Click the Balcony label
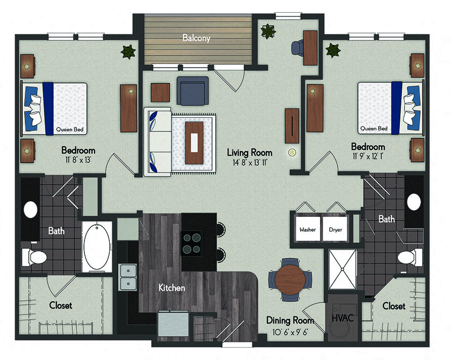(196, 38)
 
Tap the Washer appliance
(307, 229)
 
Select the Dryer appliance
(335, 229)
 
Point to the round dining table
(291, 279)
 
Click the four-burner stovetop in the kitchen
(192, 243)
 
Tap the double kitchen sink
(128, 277)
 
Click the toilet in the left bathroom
(35, 257)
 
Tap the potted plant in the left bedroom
(127, 52)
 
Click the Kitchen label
(171, 288)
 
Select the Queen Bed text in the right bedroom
(375, 129)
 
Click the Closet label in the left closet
(61, 305)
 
